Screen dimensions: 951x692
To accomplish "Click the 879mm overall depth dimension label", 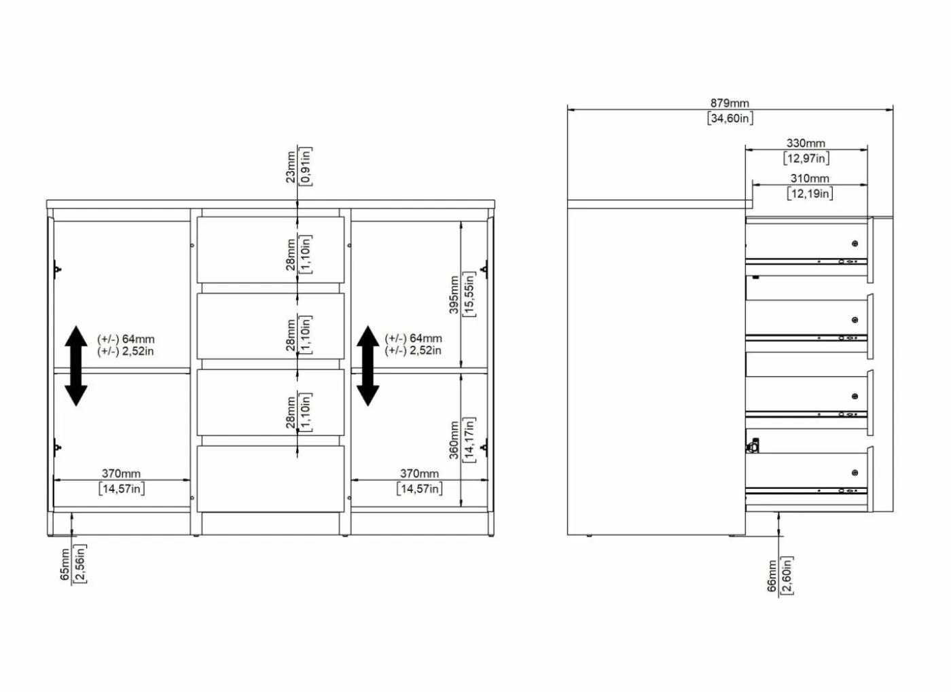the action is (730, 103).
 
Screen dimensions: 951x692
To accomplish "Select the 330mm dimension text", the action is (806, 143).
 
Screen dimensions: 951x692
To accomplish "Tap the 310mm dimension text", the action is (809, 179).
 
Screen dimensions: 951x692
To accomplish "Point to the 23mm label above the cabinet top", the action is (291, 167).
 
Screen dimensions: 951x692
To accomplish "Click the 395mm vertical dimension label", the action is (454, 295).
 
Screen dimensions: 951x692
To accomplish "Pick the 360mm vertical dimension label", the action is (454, 440).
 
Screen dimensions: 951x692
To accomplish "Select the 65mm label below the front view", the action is (65, 564).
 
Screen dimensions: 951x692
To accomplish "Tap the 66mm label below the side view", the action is (772, 576).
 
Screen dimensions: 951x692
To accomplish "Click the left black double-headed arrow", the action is (76, 366).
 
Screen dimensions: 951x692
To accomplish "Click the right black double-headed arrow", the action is (367, 366).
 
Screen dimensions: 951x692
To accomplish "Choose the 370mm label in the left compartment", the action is (121, 473).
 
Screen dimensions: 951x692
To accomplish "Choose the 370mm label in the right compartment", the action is (420, 473).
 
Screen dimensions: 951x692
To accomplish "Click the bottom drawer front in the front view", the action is (270, 479).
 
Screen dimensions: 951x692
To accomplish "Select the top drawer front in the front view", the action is (270, 250).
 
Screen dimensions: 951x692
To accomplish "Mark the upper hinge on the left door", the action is (57, 269).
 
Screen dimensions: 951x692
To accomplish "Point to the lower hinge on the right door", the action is (484, 448).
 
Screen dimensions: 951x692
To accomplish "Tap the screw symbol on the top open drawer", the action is (855, 244).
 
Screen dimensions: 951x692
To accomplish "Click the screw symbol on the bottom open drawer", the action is (855, 473).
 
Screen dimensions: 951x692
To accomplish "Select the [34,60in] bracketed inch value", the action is (730, 118).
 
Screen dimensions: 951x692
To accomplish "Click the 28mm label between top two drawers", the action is (291, 255).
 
